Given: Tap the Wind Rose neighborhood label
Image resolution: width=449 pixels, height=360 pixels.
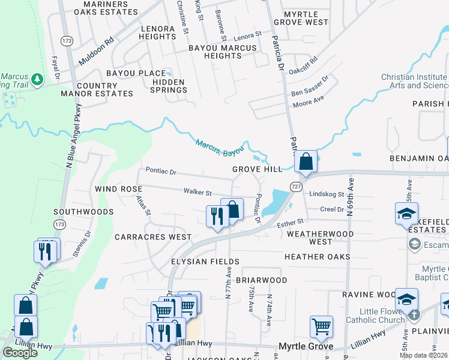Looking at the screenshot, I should tap(118, 189).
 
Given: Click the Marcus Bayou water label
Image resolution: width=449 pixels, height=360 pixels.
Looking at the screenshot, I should tap(220, 148).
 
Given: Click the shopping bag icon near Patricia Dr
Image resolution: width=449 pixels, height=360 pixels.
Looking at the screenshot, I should tap(306, 161).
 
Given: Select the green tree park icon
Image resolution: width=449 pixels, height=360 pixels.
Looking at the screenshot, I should tap(37, 79).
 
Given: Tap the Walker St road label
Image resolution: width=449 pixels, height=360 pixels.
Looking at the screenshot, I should tap(197, 193).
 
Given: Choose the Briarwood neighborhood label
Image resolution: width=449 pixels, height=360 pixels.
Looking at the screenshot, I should tap(261, 280).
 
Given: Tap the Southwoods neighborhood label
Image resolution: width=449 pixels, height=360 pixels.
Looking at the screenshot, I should tap(83, 212).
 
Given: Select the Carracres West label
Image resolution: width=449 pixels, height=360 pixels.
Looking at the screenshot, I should tap(153, 237).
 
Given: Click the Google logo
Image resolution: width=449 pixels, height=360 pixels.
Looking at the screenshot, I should tap(20, 353).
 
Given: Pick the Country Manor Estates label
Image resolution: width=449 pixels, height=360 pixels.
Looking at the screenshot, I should tap(105, 90).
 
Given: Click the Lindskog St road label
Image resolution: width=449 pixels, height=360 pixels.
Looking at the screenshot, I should tap(327, 194).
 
